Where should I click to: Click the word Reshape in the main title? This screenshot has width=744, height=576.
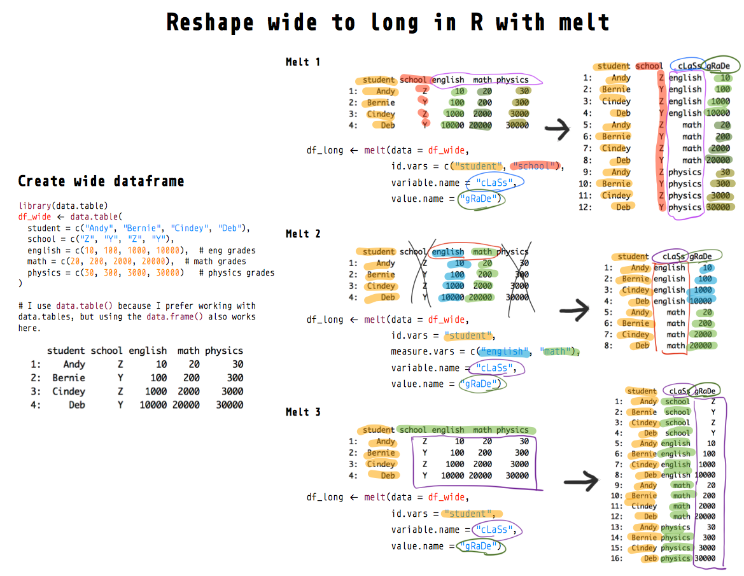tap(210, 23)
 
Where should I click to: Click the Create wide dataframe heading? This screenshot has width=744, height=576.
tap(101, 181)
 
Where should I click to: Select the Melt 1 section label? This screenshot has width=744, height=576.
tap(303, 62)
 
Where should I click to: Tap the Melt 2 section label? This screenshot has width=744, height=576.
tap(303, 234)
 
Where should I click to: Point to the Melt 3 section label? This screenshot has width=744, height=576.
tap(303, 412)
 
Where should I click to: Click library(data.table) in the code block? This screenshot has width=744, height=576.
tap(64, 206)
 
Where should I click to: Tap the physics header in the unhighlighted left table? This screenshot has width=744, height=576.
tap(223, 351)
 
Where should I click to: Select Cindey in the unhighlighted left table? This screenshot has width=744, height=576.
tap(68, 391)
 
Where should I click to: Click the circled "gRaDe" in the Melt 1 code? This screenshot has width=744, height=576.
tap(481, 199)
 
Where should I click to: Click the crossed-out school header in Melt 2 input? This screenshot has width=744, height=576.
tap(413, 251)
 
